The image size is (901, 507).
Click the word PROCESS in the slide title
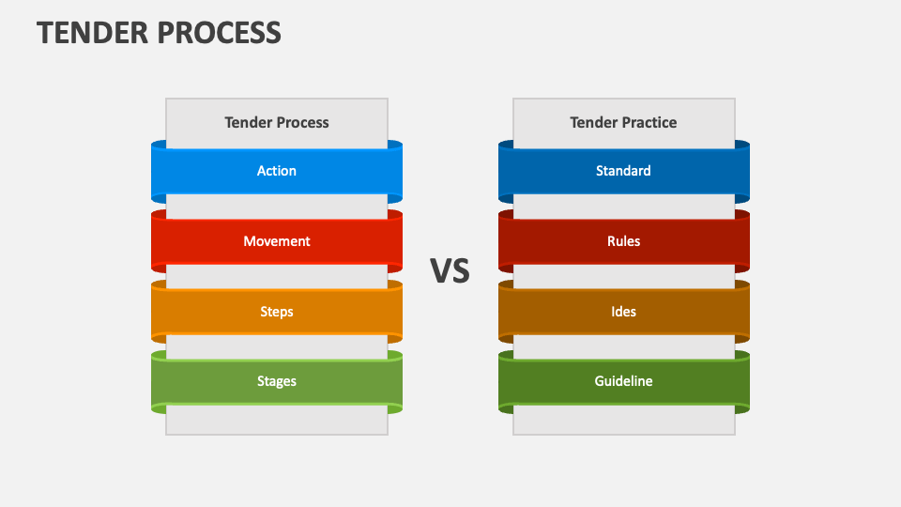tap(221, 32)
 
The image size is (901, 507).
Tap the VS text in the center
tap(450, 271)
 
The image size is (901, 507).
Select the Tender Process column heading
tap(277, 122)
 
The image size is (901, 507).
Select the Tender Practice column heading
tap(623, 122)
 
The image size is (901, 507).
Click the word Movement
tap(277, 241)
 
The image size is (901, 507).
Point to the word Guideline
tap(623, 381)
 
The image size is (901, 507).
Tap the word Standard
tap(623, 171)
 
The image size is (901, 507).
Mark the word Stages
tap(277, 381)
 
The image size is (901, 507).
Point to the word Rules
tap(623, 241)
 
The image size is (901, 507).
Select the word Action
tap(277, 171)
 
